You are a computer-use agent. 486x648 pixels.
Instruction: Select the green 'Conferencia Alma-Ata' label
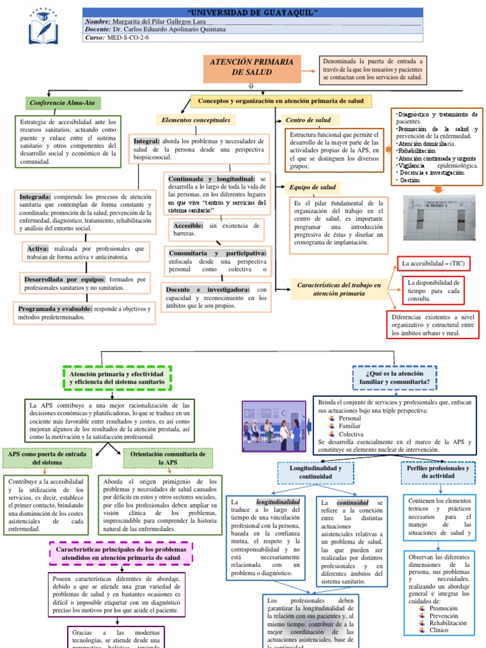(63, 103)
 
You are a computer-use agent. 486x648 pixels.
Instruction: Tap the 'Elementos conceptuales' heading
(196, 120)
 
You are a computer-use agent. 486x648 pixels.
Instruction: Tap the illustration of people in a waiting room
(274, 425)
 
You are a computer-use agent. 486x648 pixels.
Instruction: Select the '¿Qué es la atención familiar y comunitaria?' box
(392, 378)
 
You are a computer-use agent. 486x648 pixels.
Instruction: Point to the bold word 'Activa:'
(37, 249)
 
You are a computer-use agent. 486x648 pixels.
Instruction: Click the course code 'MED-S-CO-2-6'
(128, 37)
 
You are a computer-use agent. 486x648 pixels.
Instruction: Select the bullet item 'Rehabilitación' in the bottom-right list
(448, 623)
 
